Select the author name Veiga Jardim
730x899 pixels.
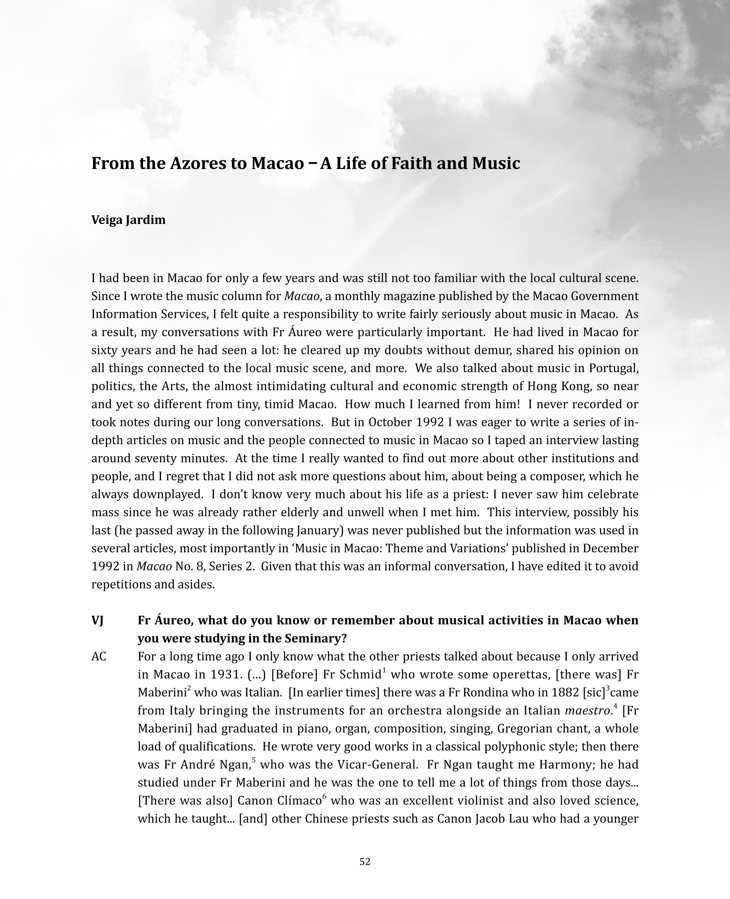[128, 220]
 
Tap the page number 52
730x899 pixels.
[365, 862]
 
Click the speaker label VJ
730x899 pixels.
[98, 620]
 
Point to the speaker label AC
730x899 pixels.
[99, 656]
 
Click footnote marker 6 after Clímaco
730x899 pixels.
[324, 797]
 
